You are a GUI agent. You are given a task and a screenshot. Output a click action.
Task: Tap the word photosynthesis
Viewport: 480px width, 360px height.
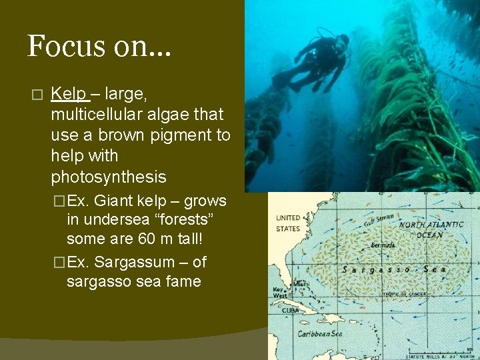coord(108,177)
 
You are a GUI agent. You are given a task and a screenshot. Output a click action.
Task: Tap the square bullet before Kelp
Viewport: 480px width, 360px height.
coord(37,94)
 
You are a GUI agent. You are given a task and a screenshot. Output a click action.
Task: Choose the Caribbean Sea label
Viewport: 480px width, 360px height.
coord(319,333)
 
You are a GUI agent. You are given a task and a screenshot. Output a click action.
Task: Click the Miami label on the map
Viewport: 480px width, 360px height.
coord(302,285)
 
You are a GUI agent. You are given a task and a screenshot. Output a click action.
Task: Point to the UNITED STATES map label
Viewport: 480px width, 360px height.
coord(288,223)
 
